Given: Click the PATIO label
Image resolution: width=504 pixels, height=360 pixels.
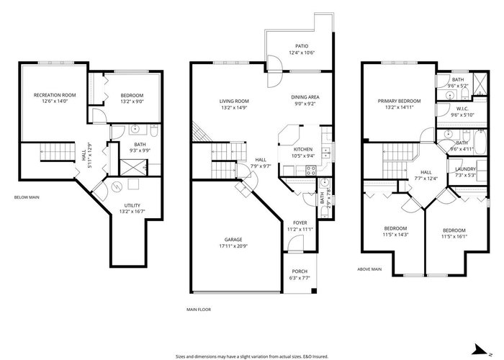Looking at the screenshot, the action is pos(302,46).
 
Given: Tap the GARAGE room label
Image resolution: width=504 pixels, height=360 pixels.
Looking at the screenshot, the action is pos(233,240).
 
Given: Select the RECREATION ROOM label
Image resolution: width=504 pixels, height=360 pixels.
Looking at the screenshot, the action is pos(55,95).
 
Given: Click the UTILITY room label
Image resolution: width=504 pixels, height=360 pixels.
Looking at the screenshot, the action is pos(132,205).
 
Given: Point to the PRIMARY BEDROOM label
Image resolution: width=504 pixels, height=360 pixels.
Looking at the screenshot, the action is pos(399,101).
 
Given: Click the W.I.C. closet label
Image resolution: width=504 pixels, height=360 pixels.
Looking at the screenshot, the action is pos(462,109).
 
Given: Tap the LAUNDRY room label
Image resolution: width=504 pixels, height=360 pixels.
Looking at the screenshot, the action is pos(465,169).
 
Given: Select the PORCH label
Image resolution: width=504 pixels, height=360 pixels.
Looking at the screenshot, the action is pos(300,271).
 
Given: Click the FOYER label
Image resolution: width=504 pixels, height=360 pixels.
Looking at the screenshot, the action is pos(300,222).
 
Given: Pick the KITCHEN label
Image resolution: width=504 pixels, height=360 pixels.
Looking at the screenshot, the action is pos(303,150).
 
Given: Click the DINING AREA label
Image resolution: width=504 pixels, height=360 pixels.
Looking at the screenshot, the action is pos(305,97).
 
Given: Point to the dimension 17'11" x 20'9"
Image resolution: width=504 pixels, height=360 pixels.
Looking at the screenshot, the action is pos(233,246).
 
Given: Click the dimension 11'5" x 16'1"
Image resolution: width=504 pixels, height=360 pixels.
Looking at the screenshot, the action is pos(454,237).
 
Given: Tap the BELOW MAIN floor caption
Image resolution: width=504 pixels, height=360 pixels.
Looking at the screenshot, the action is pos(27,197).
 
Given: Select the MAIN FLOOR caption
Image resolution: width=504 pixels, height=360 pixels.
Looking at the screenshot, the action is pos(199,310).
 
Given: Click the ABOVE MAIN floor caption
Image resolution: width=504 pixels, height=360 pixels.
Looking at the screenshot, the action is pos(369,269).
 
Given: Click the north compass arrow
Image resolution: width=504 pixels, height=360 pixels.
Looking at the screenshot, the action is pos(481,350).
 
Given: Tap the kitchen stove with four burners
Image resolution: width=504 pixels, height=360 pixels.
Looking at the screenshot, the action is pos(311,171).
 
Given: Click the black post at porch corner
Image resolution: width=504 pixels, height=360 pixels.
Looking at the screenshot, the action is pos(314,291).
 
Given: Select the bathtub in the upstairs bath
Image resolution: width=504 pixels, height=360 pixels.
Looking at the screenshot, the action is pos(480,143).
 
